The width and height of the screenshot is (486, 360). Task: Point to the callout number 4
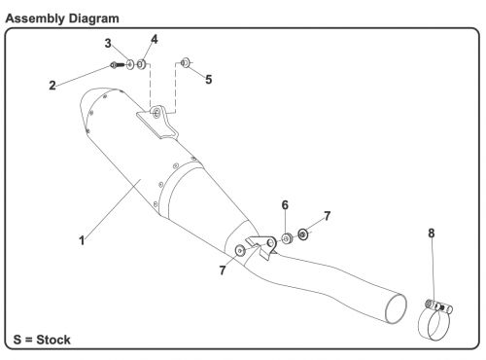154,39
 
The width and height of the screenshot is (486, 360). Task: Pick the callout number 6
285,207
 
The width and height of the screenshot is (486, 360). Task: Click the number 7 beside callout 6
327,215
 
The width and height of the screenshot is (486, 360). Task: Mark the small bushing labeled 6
287,237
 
